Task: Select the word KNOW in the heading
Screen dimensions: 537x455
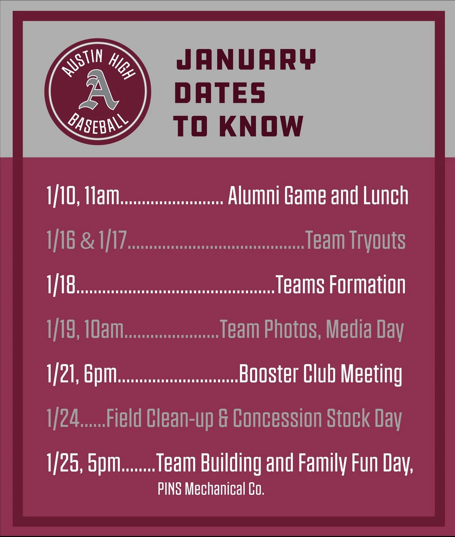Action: (261, 126)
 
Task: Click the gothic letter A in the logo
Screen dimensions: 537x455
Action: (98, 90)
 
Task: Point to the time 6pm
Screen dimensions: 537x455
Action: (100, 374)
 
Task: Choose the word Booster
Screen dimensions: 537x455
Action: (269, 374)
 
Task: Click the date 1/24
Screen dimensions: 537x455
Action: (63, 418)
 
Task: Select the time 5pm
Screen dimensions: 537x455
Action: (104, 463)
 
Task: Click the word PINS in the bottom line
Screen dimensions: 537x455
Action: (169, 489)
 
